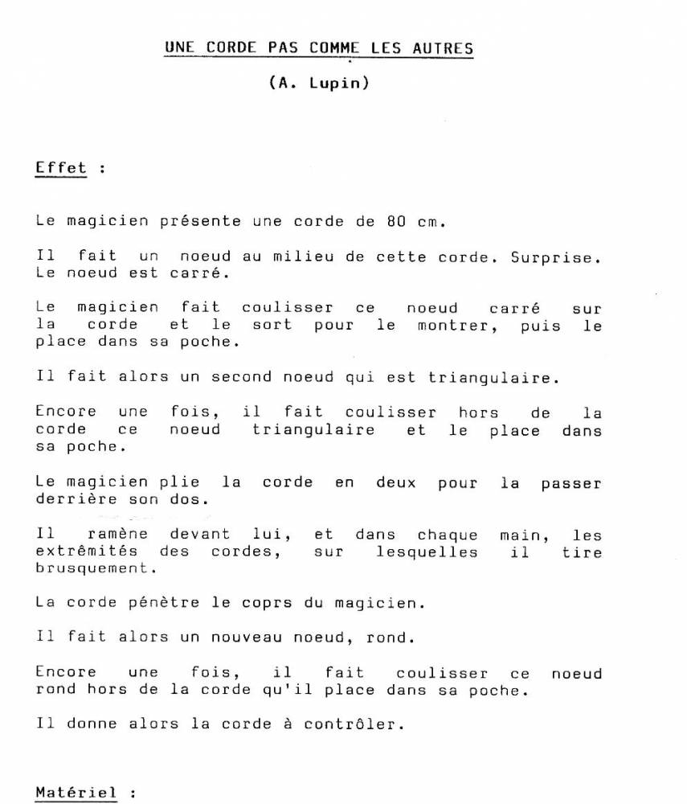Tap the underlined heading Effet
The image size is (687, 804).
point(61,169)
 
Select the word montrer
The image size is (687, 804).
point(454,326)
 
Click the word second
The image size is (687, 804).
point(242,376)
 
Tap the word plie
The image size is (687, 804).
point(179,483)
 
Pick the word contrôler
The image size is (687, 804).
point(350,724)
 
